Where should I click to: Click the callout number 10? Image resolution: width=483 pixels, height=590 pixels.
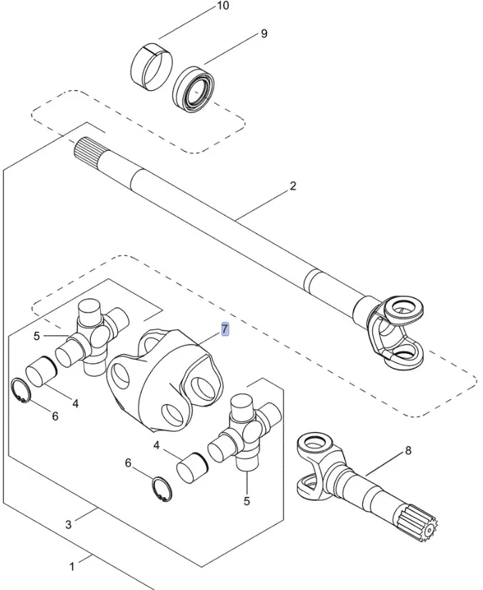pos(222,7)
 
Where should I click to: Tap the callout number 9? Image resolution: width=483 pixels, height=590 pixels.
pos(264,34)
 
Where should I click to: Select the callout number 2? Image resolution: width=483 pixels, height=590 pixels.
pos(293,187)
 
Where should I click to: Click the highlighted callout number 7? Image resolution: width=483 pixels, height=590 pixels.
pos(224,330)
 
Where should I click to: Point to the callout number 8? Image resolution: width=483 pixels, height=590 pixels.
pos(408,451)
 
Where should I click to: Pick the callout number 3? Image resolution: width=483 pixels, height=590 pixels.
pos(69,524)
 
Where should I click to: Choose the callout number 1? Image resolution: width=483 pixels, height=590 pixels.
pos(71,567)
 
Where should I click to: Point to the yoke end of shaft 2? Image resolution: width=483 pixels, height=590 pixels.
pos(393,333)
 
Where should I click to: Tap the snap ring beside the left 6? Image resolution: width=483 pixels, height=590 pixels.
pos(24,391)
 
